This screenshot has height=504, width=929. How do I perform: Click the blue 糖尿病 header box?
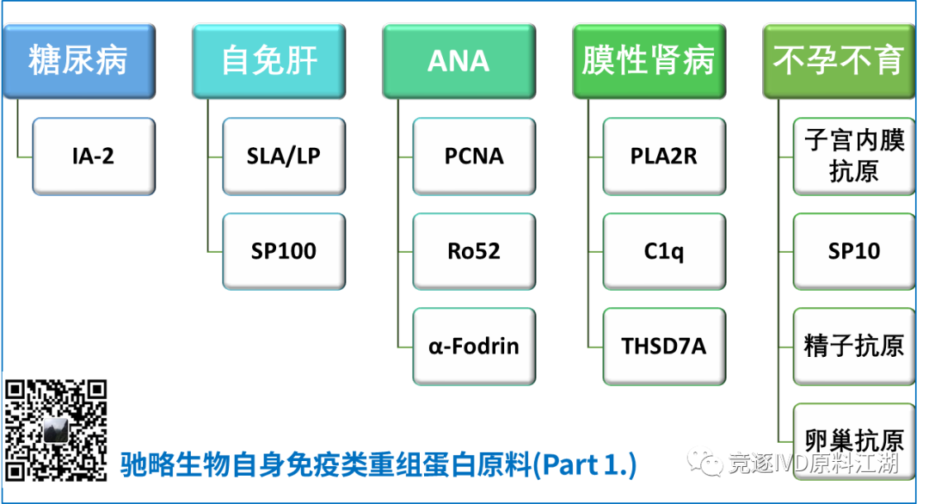pos(78,61)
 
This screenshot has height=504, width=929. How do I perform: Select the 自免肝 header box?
pos(268,61)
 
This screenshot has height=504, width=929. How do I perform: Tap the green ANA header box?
pos(458,61)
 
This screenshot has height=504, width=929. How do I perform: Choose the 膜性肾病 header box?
pos(649,61)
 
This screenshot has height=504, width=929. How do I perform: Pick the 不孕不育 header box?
pos(838,61)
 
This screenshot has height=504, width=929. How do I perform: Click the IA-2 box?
pos(94,157)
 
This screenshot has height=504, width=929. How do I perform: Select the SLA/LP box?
pos(284,157)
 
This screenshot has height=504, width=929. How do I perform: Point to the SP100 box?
pos(284,251)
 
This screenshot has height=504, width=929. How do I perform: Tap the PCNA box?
pos(474,157)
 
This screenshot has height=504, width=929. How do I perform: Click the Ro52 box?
pos(474,251)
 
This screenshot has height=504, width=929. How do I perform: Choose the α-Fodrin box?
pos(474,347)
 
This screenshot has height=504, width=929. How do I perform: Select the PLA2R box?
pos(664,157)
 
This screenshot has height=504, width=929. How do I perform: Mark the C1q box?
pos(664,251)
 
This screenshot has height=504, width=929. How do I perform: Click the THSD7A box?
pos(664,347)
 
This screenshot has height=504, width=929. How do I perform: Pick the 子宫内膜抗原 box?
pos(853,157)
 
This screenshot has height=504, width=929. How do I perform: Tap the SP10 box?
pos(853,251)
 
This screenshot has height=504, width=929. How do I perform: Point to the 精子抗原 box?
pos(853,347)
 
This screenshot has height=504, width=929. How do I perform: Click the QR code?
pos(57,429)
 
